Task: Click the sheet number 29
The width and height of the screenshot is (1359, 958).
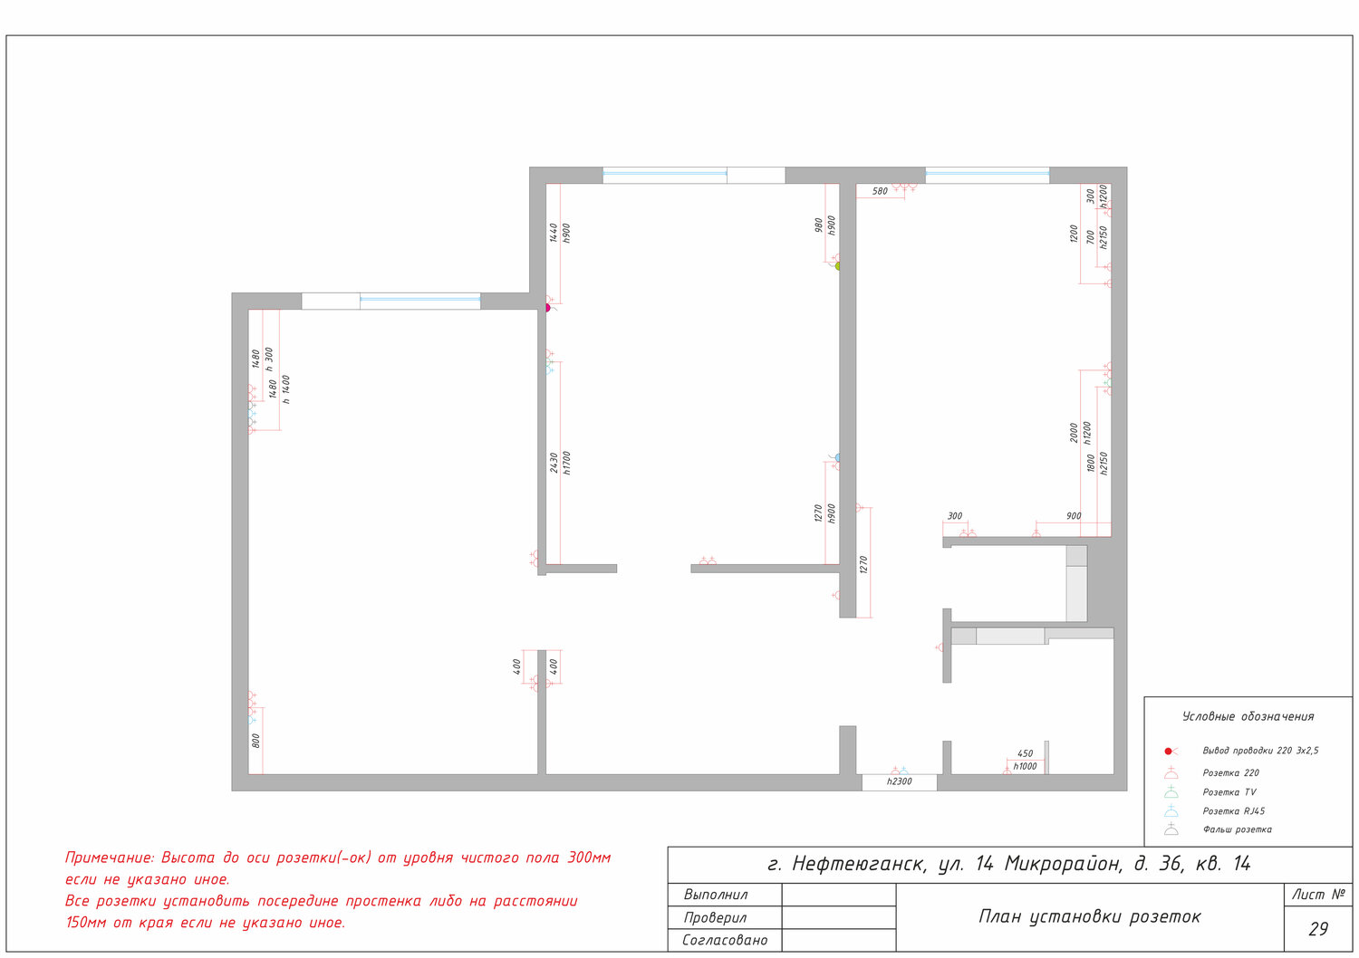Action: click(1317, 929)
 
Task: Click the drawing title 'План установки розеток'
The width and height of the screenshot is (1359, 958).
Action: click(1090, 916)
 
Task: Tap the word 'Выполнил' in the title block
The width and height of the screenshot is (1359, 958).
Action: click(716, 895)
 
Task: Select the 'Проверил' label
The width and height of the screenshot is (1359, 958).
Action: click(716, 917)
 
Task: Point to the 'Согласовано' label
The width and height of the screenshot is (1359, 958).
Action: click(725, 940)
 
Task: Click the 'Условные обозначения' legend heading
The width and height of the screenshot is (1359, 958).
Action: click(1248, 716)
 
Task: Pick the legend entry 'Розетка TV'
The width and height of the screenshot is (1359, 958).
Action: click(1229, 792)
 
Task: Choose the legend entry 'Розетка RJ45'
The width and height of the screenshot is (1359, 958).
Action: click(1233, 810)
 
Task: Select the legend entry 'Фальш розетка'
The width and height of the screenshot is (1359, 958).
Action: click(1237, 829)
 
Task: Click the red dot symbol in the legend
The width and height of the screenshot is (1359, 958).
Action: click(1168, 752)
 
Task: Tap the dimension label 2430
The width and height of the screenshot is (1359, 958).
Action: click(554, 462)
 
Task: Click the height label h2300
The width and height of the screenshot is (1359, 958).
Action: click(899, 781)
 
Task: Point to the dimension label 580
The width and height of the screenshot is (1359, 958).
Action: click(880, 191)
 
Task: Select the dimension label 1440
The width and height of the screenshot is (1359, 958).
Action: click(554, 232)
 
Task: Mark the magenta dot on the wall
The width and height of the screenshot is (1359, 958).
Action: click(547, 308)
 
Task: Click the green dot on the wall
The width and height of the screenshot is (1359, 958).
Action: click(838, 266)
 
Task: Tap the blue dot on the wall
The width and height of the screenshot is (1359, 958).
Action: click(838, 458)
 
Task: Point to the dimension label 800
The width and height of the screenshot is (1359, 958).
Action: click(255, 741)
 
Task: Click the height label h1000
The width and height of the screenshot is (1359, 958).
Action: click(1025, 766)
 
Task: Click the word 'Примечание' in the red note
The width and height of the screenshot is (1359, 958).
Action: click(110, 858)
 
